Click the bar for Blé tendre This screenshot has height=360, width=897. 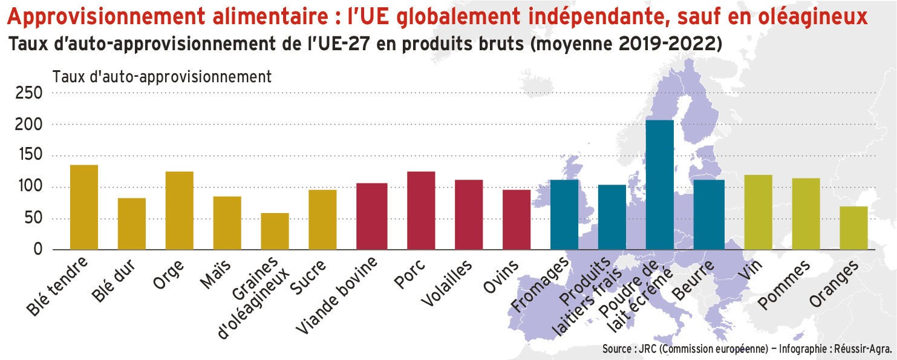(x=84, y=207)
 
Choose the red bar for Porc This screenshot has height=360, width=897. (x=421, y=211)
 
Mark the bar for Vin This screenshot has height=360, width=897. (x=758, y=212)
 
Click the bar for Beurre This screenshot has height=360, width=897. (x=709, y=214)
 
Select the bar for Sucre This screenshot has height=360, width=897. (x=322, y=220)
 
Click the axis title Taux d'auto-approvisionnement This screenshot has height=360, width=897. (x=162, y=77)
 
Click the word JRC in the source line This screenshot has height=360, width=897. (x=647, y=350)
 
